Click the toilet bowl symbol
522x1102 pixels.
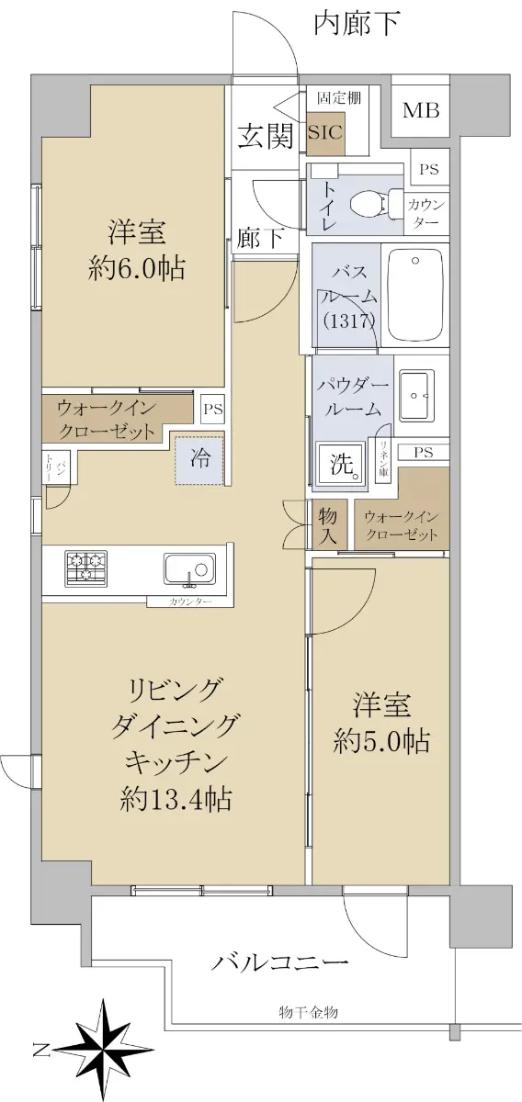[x=376, y=202]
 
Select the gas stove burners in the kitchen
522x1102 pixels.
[x=86, y=568]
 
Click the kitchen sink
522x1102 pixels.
[x=189, y=569]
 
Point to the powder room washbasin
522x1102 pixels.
[x=416, y=396]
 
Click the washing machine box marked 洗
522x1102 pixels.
[x=341, y=464]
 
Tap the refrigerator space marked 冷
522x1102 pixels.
[x=199, y=459]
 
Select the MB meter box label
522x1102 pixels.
[x=421, y=111]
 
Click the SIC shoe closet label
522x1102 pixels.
[x=325, y=132]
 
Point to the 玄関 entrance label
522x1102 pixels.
[x=267, y=136]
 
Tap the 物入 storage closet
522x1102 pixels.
[x=327, y=525]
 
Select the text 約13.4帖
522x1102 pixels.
[x=176, y=799]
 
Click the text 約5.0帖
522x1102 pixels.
[x=381, y=740]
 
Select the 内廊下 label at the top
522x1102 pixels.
[x=357, y=24]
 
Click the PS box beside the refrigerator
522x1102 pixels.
[x=213, y=410]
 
